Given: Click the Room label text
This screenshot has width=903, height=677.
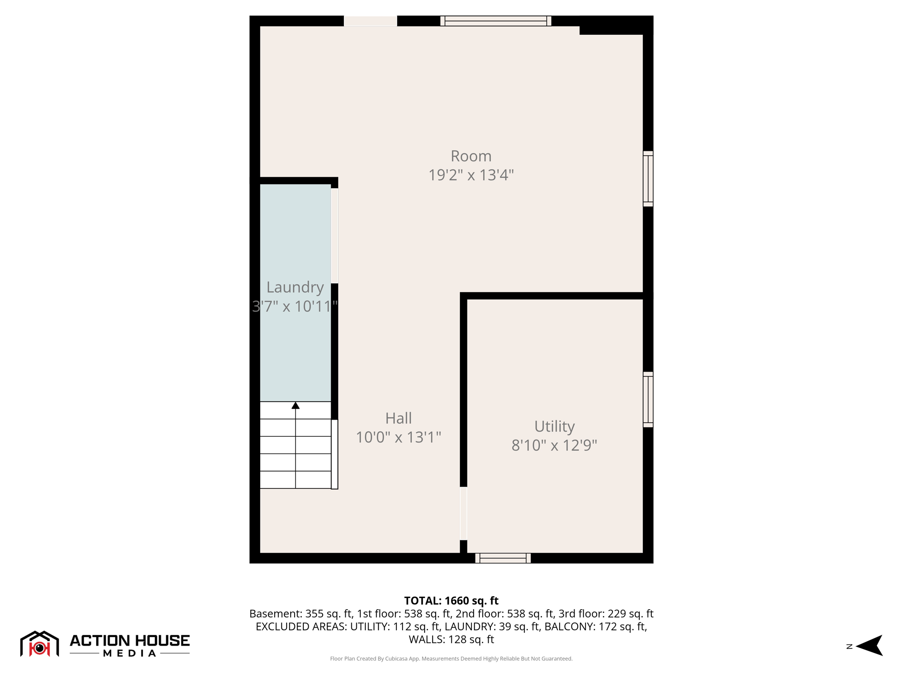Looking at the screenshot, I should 470,156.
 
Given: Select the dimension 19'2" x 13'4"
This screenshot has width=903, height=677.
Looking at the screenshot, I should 470,175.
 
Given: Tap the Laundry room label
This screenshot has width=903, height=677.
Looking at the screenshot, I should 295,287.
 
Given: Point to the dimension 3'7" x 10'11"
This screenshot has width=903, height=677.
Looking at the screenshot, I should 295,306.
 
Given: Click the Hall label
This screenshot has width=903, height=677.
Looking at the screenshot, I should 398,418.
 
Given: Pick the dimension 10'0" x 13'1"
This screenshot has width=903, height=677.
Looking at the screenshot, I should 398,437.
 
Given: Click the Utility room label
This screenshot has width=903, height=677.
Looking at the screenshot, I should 554,426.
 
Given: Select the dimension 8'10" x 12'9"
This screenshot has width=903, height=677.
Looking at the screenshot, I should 554,445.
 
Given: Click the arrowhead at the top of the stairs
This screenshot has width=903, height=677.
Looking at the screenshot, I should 295,405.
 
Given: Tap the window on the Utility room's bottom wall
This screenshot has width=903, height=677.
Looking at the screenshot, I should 503,558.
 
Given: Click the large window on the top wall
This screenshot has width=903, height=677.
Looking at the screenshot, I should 496,21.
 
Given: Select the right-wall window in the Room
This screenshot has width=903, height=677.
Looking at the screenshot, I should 648,179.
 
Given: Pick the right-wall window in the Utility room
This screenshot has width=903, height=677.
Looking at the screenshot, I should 648,399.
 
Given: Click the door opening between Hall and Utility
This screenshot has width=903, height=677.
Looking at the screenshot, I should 463,513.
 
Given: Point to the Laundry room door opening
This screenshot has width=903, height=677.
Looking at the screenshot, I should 335,236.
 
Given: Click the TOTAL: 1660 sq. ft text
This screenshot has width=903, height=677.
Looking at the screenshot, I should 451,601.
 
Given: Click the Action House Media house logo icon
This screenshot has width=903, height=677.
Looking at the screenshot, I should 40,644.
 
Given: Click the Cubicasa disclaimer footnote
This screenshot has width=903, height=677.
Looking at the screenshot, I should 451,658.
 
